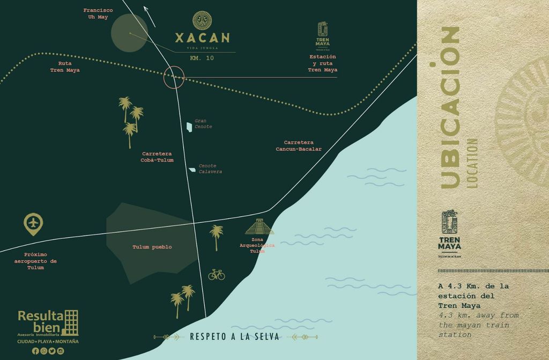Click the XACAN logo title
[202, 38]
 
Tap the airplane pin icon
[33, 224]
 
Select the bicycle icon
[217, 275]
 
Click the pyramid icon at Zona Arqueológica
[259, 227]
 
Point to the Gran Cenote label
[203, 124]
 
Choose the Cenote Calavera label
[210, 169]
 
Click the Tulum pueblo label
[152, 247]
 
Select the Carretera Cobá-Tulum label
[157, 157]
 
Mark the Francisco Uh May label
[98, 13]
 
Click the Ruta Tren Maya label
[65, 67]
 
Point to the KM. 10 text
[202, 58]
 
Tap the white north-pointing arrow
[150, 16]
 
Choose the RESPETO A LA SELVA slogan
[234, 337]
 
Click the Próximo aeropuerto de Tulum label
[35, 261]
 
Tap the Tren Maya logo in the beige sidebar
[449, 234]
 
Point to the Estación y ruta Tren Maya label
[323, 63]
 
